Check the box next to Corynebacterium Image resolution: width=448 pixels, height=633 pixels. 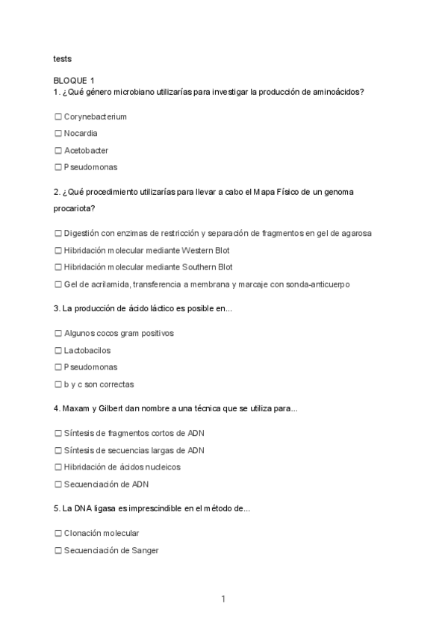coord(58,117)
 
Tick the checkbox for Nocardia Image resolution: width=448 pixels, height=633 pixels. coord(58,134)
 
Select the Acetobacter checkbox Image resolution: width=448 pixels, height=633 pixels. coord(58,151)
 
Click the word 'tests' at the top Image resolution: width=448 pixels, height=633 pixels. coord(63,57)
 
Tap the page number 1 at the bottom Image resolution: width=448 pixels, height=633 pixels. coord(223,599)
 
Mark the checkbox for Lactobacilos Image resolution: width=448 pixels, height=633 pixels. coord(58,350)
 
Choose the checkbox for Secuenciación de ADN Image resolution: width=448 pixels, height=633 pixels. coord(58,484)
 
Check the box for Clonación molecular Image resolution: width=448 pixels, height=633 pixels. coord(58,534)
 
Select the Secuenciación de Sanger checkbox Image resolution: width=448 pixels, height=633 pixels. coord(58,551)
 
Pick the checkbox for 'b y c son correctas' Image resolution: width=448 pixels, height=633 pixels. coord(58,385)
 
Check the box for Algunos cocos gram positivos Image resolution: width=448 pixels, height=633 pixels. coord(58,334)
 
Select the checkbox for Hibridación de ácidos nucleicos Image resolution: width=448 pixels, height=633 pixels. coord(58,467)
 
